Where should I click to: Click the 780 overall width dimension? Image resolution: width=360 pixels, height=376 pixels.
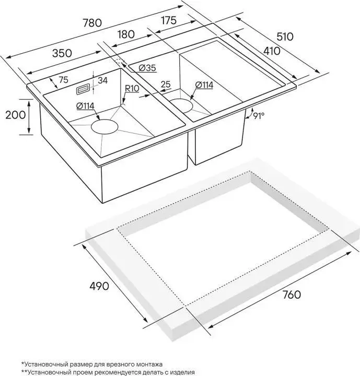tap(92, 23)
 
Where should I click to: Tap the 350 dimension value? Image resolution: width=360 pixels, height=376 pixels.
tap(62, 53)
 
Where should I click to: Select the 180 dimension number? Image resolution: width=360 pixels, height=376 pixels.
tap(126, 34)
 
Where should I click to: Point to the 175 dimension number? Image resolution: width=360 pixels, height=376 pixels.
tap(169, 20)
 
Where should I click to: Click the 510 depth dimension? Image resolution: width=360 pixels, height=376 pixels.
tap(285, 37)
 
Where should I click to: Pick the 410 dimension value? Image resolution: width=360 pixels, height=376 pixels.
tap(272, 51)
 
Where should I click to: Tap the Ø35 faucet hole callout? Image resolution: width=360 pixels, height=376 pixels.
tap(147, 68)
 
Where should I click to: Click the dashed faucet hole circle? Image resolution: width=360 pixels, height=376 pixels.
tap(119, 61)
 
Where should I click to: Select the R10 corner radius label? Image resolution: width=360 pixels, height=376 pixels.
tap(132, 88)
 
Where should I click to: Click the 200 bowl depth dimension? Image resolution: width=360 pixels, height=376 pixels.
tap(16, 115)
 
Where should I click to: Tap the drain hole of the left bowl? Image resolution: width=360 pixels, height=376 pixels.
tap(104, 126)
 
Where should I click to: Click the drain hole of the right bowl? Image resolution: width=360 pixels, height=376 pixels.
tap(181, 106)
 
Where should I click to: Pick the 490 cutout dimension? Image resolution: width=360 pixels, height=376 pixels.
tap(99, 286)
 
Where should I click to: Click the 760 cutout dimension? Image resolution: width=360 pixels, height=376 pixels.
tap(292, 295)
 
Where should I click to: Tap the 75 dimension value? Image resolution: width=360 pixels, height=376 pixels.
tap(63, 79)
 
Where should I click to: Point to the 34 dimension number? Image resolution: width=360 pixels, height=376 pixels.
tap(102, 80)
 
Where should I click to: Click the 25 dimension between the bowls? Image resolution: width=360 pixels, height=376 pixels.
tap(166, 85)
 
